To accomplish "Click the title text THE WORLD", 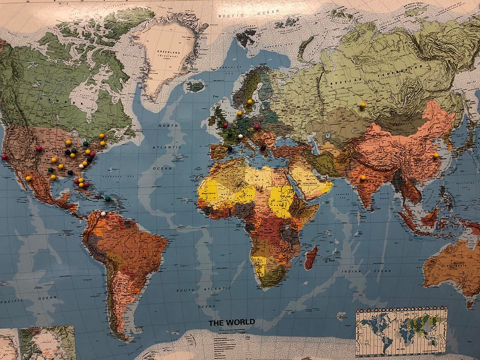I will tap(231, 323).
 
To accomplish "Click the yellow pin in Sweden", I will tap(250, 102).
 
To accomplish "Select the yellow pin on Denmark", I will tap(239, 113).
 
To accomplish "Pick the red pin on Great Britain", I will tap(225, 125).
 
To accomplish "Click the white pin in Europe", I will tap(240, 136).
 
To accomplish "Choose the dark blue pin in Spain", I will tap(230, 149).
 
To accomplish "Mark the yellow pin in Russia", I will tap(363, 105).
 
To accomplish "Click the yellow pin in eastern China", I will tap(435, 155).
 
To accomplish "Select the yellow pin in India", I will tap(363, 177).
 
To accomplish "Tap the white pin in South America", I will tap(103, 213).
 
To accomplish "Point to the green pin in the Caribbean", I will tap(108, 198).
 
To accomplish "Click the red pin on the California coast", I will tap(4, 156).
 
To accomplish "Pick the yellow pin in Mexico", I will tap(28, 178).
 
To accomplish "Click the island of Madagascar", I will tap(311, 257).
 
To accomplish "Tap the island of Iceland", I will tap(196, 87).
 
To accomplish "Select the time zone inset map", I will tap(401, 331).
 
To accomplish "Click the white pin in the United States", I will tap(81, 166).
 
